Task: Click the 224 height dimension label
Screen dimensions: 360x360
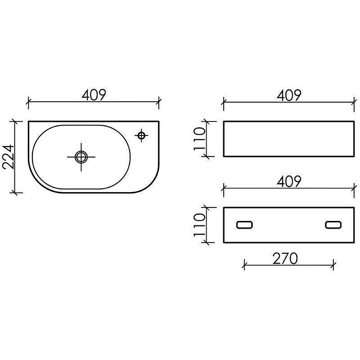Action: (x=9, y=157)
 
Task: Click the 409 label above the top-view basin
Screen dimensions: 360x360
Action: (x=94, y=95)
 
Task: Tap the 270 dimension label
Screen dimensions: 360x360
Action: (x=285, y=259)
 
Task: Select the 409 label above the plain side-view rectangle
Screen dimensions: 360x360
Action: (x=289, y=95)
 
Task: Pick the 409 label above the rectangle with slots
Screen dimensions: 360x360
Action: (x=289, y=181)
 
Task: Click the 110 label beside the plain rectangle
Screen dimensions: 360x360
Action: (x=199, y=139)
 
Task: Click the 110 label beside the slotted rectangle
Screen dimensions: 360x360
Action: (x=199, y=225)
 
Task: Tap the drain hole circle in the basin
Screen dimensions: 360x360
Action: (x=81, y=157)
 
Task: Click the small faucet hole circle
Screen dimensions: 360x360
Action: (x=141, y=135)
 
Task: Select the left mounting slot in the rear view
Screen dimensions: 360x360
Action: (x=244, y=225)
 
